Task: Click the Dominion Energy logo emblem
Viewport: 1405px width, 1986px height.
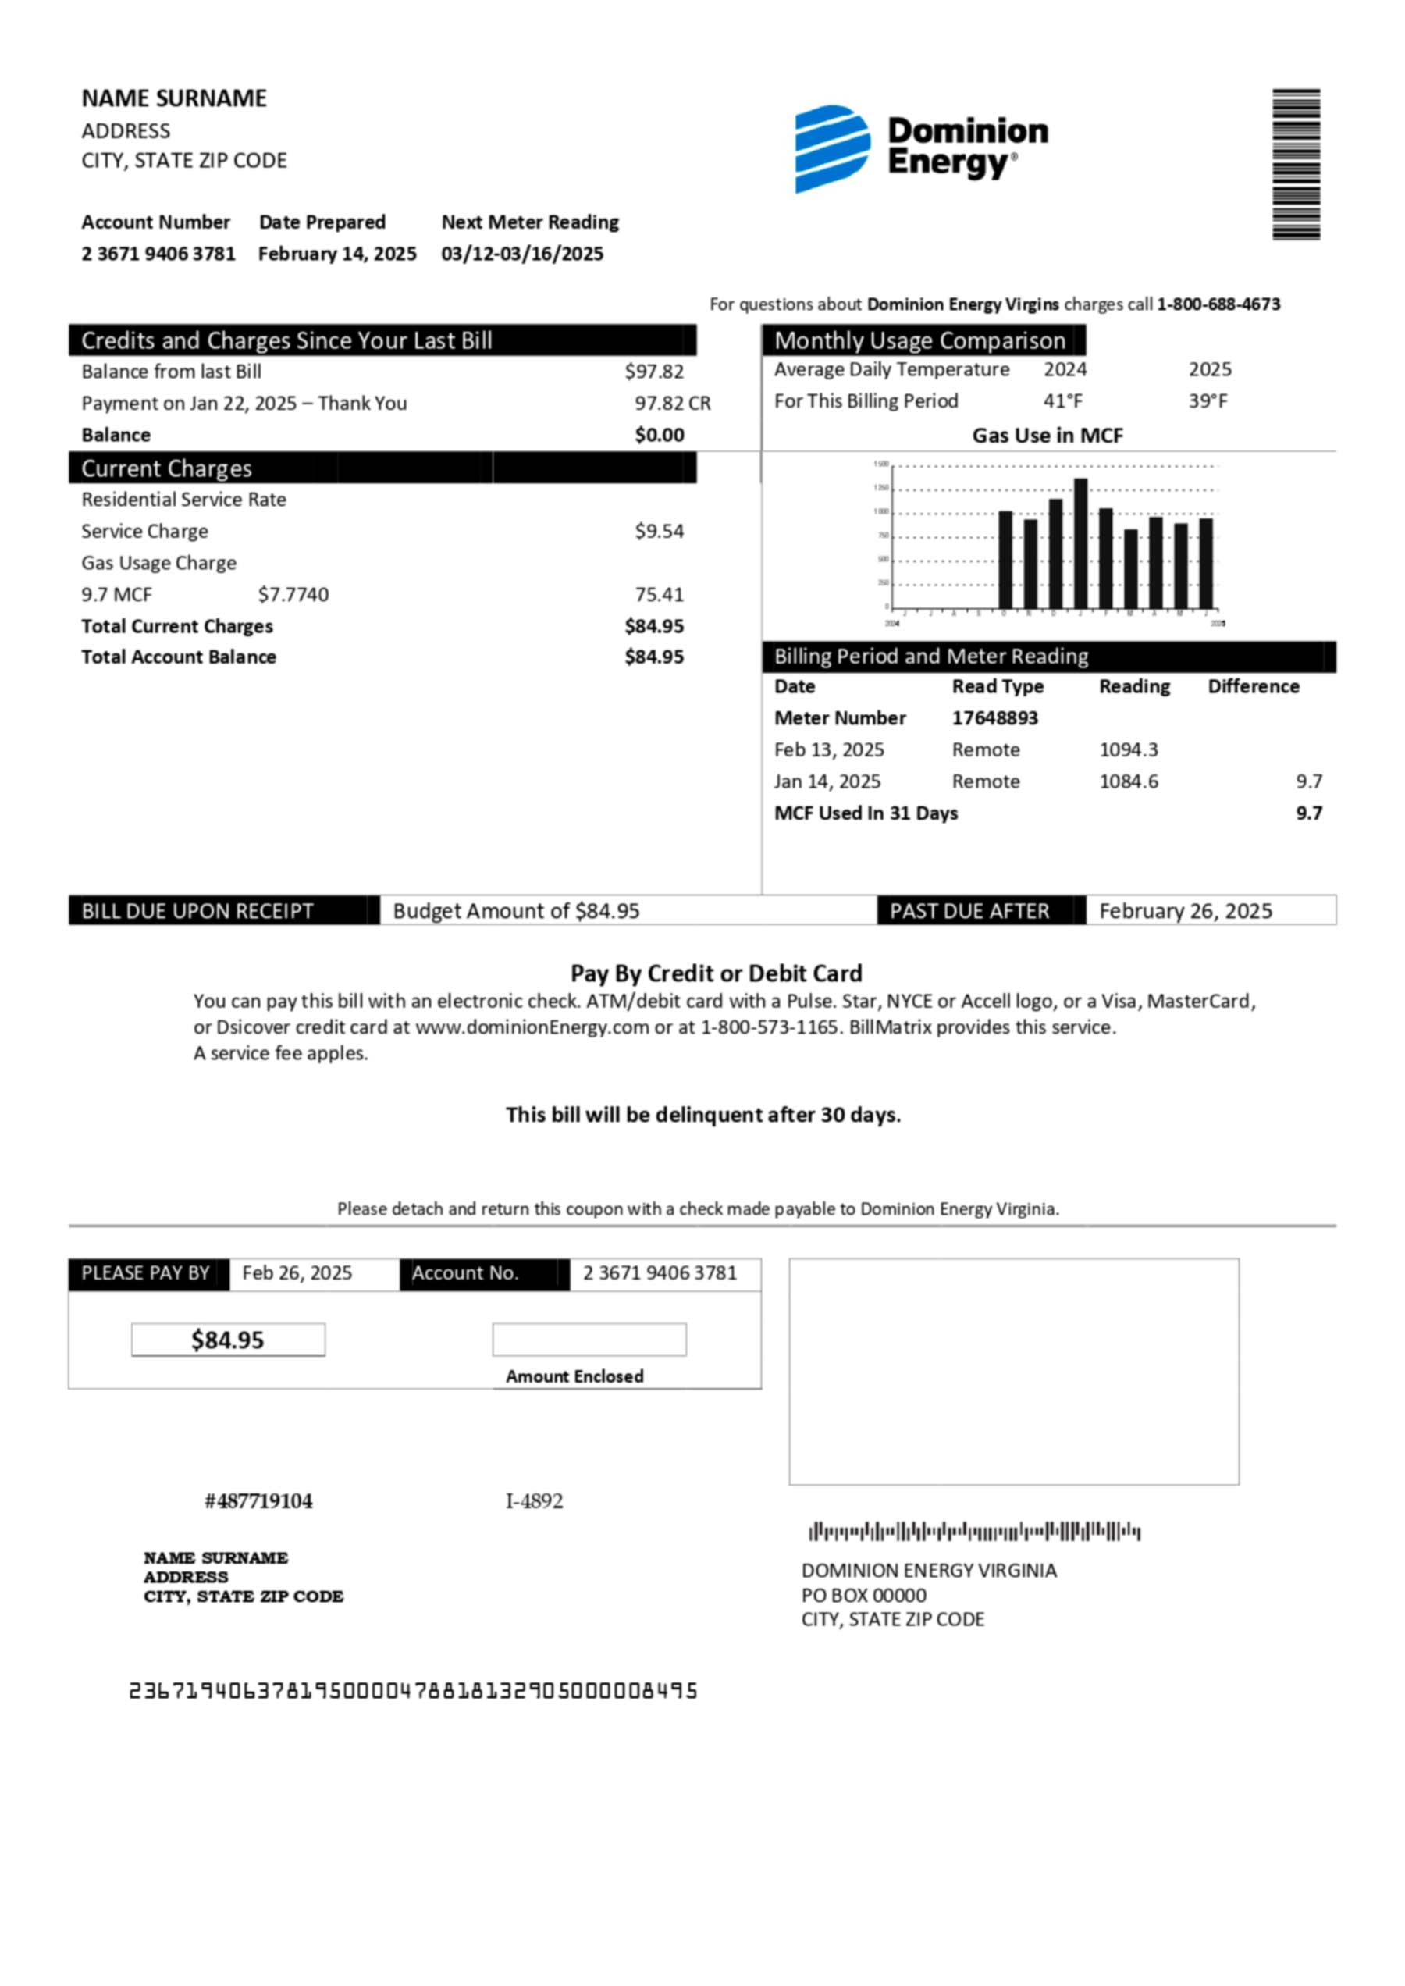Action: (831, 148)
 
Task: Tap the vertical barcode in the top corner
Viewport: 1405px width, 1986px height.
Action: (1295, 164)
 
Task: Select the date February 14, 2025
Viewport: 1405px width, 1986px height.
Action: (336, 254)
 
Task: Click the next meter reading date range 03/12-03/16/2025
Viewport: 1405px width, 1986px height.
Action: (521, 254)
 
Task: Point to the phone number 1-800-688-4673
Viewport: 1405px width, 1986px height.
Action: (1218, 304)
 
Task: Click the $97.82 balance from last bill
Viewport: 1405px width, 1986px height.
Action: (654, 372)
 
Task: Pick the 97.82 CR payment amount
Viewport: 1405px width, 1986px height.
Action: (672, 404)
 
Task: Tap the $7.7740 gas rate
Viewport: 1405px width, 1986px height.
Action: (293, 595)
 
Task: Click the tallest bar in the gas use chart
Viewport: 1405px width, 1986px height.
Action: (1080, 543)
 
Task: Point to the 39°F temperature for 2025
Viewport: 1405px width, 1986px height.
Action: (1208, 400)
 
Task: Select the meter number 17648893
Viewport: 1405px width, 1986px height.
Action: (995, 717)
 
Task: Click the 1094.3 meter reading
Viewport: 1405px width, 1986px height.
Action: (1128, 749)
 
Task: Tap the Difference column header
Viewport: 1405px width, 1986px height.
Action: (1254, 686)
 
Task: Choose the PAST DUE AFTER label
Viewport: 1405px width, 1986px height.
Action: (969, 910)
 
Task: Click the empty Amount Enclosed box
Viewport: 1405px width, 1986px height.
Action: (589, 1340)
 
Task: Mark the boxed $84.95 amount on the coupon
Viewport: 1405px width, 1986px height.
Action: (228, 1340)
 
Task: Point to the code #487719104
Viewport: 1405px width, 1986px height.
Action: (258, 1500)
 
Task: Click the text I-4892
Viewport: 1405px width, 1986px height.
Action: (534, 1500)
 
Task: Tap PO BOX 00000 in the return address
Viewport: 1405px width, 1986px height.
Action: (863, 1595)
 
